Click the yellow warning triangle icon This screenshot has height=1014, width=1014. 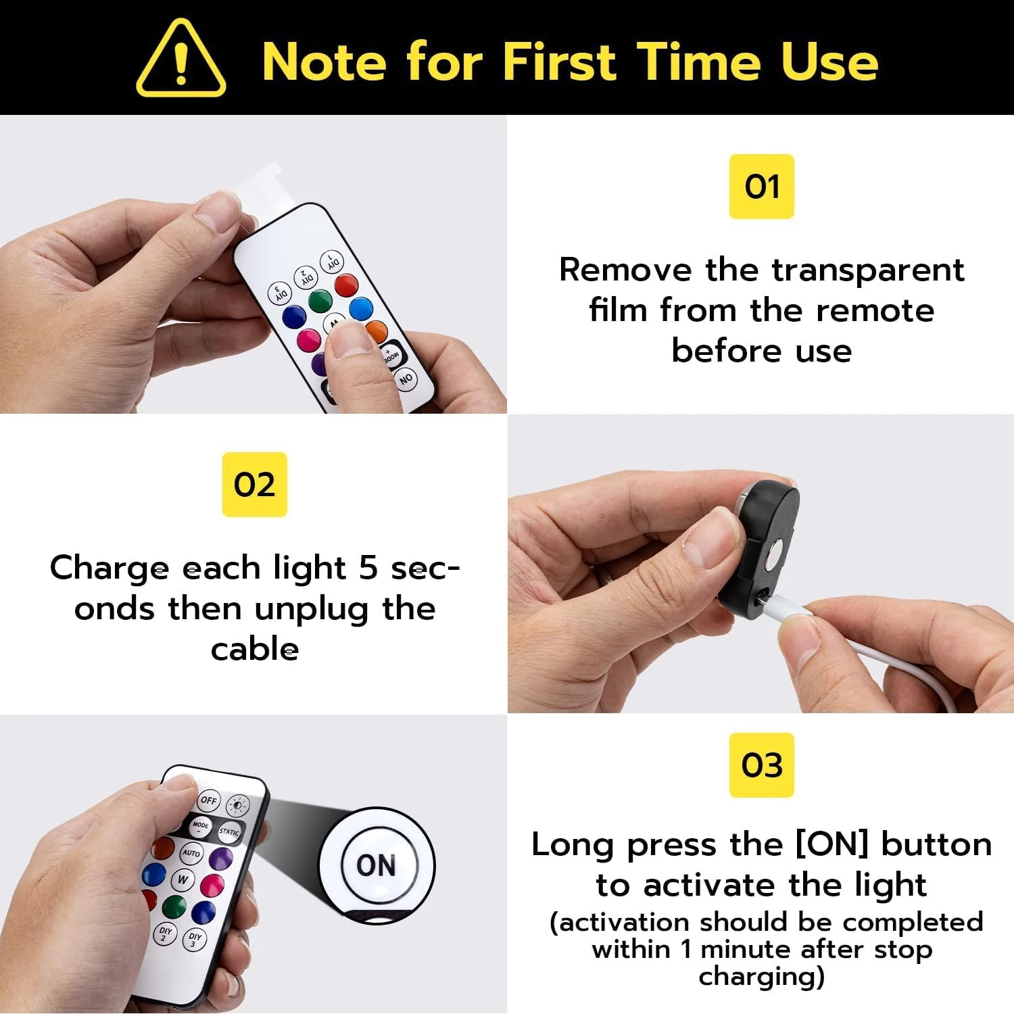[180, 59]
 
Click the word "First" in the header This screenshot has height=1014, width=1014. [558, 62]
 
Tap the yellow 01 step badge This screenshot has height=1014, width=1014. [761, 187]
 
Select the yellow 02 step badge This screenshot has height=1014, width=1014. [254, 485]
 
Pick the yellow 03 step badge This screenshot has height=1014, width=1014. [761, 765]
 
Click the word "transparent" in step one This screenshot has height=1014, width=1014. [868, 270]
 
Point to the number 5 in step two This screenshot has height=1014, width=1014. [368, 568]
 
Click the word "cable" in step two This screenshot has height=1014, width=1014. [254, 650]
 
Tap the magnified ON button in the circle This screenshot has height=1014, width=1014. [376, 865]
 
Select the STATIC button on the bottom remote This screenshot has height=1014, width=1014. [229, 831]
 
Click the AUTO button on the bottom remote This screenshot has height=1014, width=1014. [191, 853]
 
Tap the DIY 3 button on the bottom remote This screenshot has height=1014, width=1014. [195, 940]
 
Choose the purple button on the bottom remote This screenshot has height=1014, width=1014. [220, 859]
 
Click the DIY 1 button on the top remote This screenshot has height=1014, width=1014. [333, 262]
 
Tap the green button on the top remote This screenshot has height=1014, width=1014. [320, 300]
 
